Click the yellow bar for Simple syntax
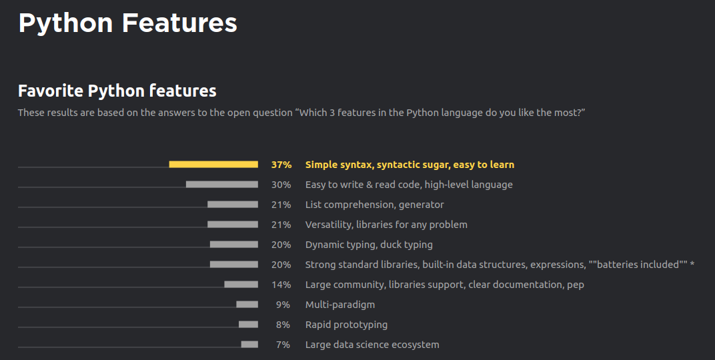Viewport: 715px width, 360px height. click(213, 165)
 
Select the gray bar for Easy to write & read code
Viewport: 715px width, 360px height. click(222, 185)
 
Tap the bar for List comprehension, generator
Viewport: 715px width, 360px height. click(233, 205)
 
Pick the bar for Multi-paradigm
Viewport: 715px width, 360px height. click(247, 305)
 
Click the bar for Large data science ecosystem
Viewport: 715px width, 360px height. click(249, 345)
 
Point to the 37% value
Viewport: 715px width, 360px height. click(281, 165)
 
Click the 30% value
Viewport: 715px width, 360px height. click(281, 185)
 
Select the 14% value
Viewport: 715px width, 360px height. click(281, 285)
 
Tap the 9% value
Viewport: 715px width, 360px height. click(283, 305)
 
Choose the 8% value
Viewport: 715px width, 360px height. click(283, 325)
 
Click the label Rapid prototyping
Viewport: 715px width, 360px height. click(347, 325)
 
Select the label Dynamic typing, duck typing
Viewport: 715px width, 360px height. click(369, 245)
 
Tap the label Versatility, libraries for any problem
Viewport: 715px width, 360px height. click(386, 225)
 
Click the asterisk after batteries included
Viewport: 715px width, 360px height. click(692, 264)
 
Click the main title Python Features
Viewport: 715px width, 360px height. click(127, 24)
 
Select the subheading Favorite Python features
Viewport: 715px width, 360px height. click(117, 91)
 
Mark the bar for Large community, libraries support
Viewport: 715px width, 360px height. click(241, 285)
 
